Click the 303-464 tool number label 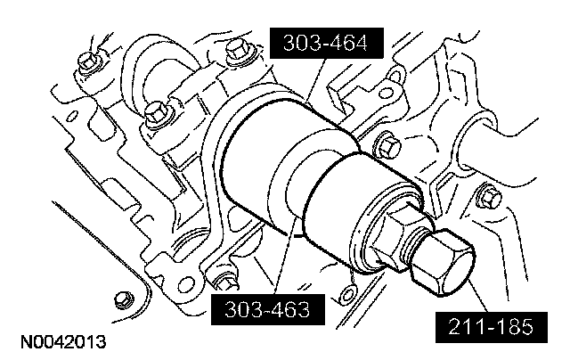(x=327, y=43)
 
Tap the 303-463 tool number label (x=268, y=309)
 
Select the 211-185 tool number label (x=492, y=327)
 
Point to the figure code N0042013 (x=63, y=342)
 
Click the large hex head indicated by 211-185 (x=444, y=262)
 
